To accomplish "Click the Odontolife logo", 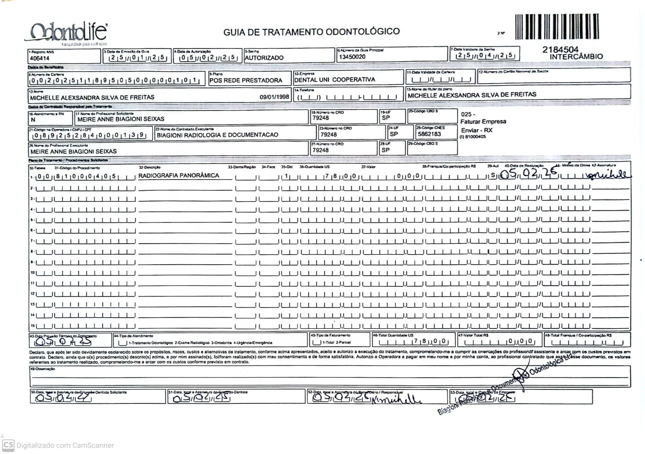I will click(x=69, y=32).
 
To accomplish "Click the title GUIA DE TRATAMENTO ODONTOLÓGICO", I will click(x=311, y=32).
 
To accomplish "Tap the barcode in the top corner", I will click(x=557, y=27).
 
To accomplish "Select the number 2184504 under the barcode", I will click(x=560, y=49).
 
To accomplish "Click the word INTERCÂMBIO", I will click(x=576, y=57).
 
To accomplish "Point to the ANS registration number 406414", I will click(x=40, y=58).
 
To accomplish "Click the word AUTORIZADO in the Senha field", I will click(x=264, y=58).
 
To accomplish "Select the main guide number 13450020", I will click(x=352, y=57).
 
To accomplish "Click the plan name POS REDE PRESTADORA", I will click(x=246, y=80).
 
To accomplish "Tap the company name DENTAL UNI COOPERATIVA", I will click(x=334, y=80).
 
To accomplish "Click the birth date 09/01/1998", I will click(x=274, y=97).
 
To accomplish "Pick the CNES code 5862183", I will click(x=429, y=134).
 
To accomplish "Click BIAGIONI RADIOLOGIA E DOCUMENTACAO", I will click(x=217, y=135).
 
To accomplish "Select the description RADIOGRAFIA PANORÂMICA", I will click(x=179, y=175).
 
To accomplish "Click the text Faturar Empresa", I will click(x=483, y=122).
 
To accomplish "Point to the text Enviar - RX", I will click(x=477, y=130).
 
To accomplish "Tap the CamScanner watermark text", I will click(x=65, y=445).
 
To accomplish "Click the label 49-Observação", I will click(x=42, y=369).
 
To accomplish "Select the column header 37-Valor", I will click(x=368, y=167).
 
